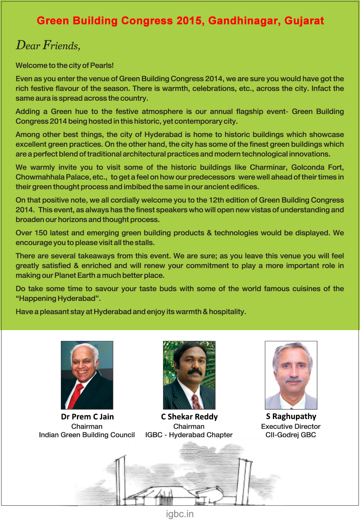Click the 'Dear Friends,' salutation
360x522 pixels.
point(48,46)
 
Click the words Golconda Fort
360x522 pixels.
point(317,167)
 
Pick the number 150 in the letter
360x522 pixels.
point(41,233)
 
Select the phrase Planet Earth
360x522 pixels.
point(75,275)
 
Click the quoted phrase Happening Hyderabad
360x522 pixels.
point(58,298)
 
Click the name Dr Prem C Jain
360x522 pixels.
point(87,417)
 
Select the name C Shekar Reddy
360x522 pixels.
point(189,417)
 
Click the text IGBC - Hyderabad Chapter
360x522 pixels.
point(189,435)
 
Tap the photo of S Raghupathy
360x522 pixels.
point(291,375)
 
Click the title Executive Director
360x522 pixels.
point(291,427)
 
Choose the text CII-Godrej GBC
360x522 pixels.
point(291,435)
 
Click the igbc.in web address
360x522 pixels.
point(180,514)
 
